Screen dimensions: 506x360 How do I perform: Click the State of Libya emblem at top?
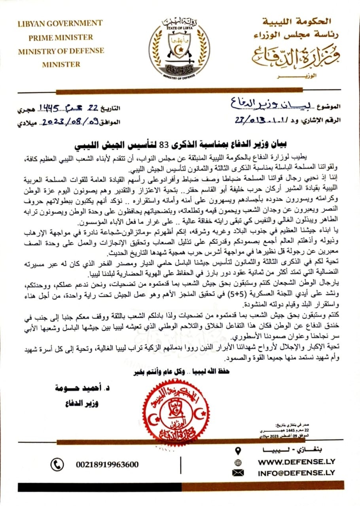(x=179, y=47)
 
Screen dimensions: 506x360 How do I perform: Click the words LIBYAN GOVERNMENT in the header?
(x=60, y=23)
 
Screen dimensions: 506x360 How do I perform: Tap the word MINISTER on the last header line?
(x=61, y=64)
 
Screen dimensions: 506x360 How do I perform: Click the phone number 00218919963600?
(x=107, y=464)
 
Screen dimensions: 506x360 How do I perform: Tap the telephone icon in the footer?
(x=58, y=464)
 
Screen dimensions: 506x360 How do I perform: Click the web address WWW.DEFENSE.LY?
(x=296, y=462)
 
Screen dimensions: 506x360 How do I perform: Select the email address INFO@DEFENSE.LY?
(x=296, y=472)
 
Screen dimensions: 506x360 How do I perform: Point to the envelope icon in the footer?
(x=238, y=472)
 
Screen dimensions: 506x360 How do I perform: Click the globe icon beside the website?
(x=238, y=462)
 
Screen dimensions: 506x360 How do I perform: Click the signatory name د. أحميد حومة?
(x=78, y=389)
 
